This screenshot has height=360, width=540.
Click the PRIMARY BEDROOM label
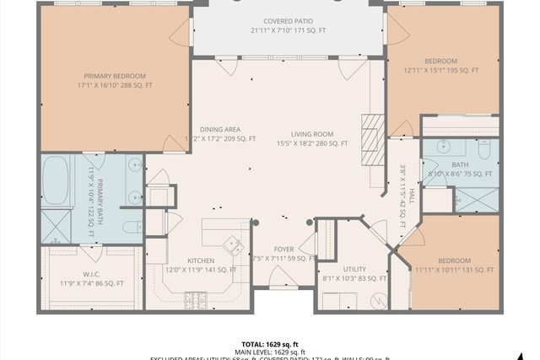coord(114,73)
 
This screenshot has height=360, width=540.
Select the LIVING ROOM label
coord(312,134)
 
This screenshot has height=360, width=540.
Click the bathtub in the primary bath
coord(56,180)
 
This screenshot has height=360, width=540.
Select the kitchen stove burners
coord(196,298)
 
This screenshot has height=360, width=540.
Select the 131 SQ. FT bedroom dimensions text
coord(455,270)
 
